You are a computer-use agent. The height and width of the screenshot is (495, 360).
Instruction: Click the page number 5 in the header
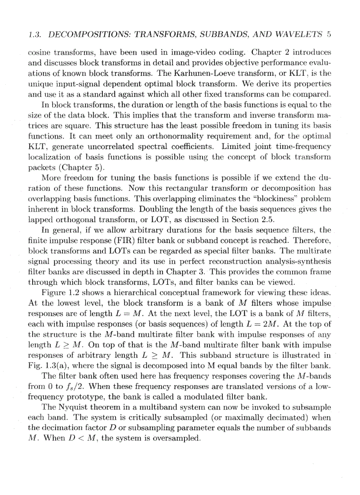tap(329, 33)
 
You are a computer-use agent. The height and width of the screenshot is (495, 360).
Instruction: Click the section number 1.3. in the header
tap(35, 33)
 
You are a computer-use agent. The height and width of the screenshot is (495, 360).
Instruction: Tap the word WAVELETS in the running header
tap(300, 33)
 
